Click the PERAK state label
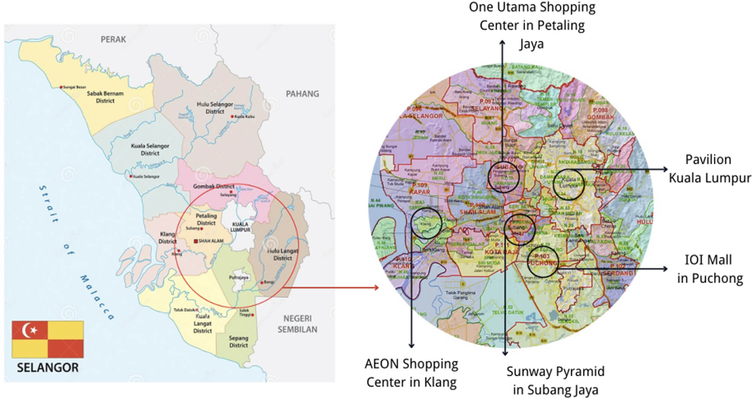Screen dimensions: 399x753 click(x=113, y=39)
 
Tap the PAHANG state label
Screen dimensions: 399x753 click(x=302, y=93)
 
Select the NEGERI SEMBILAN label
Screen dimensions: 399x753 click(x=297, y=324)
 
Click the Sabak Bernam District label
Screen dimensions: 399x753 click(x=105, y=97)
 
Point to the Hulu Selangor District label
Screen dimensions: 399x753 click(x=215, y=108)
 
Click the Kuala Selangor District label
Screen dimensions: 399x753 click(x=150, y=149)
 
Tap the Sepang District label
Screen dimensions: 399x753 click(x=238, y=342)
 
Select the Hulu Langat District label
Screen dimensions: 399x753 click(x=282, y=254)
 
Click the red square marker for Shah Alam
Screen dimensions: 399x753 click(x=196, y=241)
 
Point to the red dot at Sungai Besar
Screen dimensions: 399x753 click(x=61, y=87)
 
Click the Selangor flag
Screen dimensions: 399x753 click(x=47, y=339)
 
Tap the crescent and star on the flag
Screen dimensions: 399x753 click(x=29, y=330)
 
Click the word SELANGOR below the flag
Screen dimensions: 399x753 click(x=47, y=368)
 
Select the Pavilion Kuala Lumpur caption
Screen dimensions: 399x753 click(x=709, y=169)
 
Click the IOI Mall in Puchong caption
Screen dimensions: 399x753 click(x=709, y=269)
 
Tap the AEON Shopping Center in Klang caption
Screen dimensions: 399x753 click(x=411, y=373)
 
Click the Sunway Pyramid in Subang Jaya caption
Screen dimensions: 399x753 click(x=555, y=381)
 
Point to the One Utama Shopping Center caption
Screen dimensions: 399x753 click(x=532, y=26)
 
